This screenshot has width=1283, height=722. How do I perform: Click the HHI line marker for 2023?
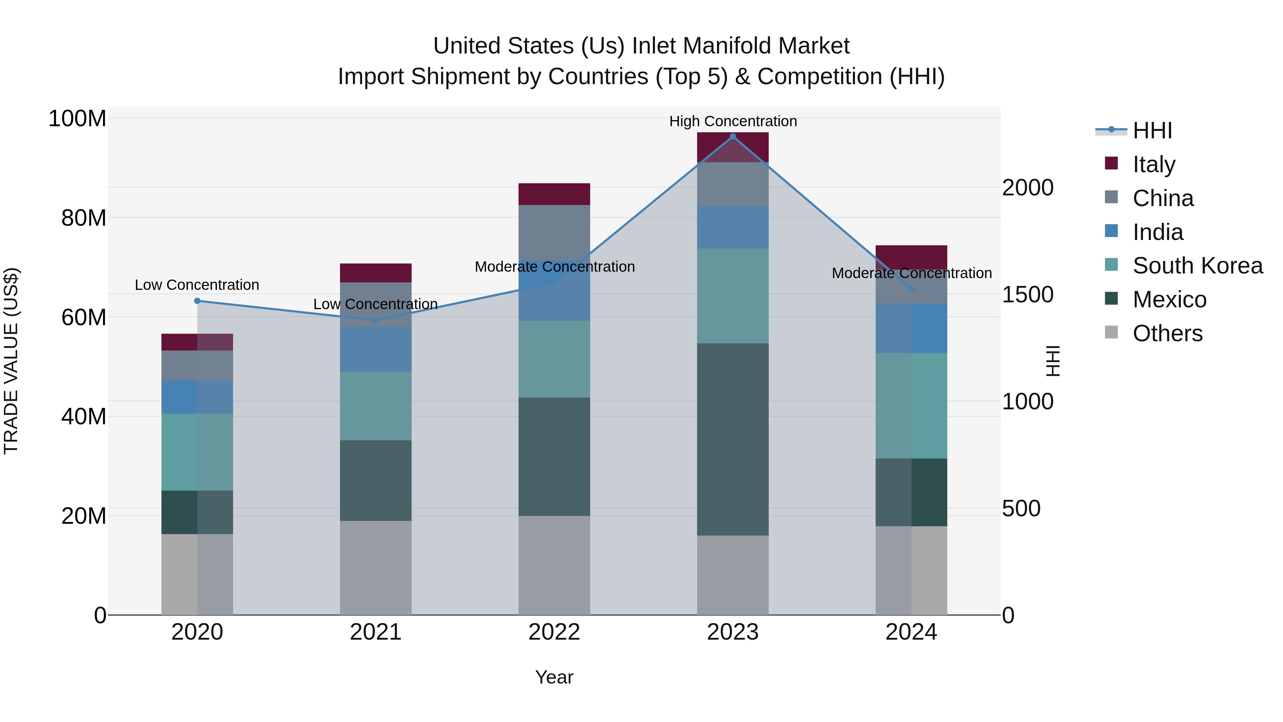733,136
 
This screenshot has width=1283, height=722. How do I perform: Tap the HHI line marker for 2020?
197,301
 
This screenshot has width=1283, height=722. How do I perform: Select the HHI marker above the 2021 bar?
376,321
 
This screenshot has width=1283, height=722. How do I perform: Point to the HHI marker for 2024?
911,288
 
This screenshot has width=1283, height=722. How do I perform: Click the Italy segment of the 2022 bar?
554,194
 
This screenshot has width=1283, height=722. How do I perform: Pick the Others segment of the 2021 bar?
376,568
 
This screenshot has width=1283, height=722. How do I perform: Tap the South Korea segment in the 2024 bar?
911,406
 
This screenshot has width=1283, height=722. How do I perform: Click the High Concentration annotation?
733,122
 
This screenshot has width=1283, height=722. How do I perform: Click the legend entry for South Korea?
1197,266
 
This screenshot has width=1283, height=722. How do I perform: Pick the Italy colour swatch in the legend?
1111,163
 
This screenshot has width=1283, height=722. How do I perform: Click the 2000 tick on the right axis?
1027,188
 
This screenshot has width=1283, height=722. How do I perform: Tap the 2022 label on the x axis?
554,632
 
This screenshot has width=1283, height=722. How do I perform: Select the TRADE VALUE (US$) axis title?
11,361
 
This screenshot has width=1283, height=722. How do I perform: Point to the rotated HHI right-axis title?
1052,361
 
